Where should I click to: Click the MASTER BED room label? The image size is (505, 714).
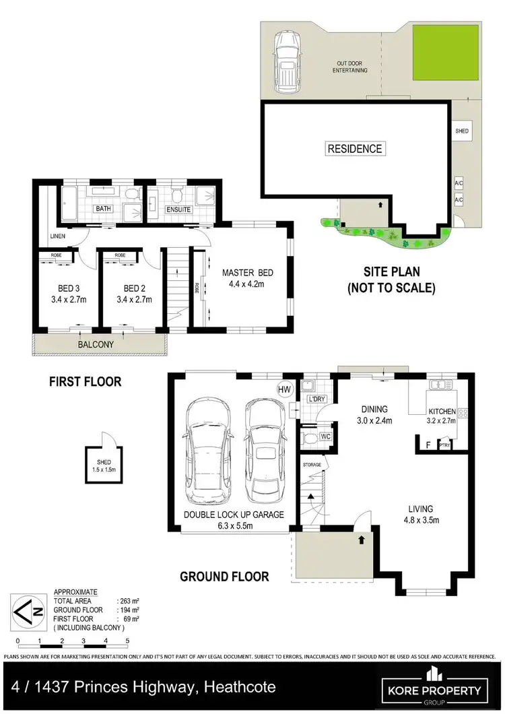[x=248, y=272]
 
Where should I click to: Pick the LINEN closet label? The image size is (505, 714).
[x=57, y=235]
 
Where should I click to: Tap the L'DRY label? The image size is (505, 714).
[x=316, y=399]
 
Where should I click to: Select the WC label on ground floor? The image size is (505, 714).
[x=325, y=437]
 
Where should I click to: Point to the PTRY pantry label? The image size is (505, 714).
[x=444, y=445]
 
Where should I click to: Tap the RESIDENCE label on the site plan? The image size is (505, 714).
[x=354, y=149]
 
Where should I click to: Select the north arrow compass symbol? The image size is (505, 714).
[x=28, y=612]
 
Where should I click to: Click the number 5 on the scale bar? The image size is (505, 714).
[x=127, y=641]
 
